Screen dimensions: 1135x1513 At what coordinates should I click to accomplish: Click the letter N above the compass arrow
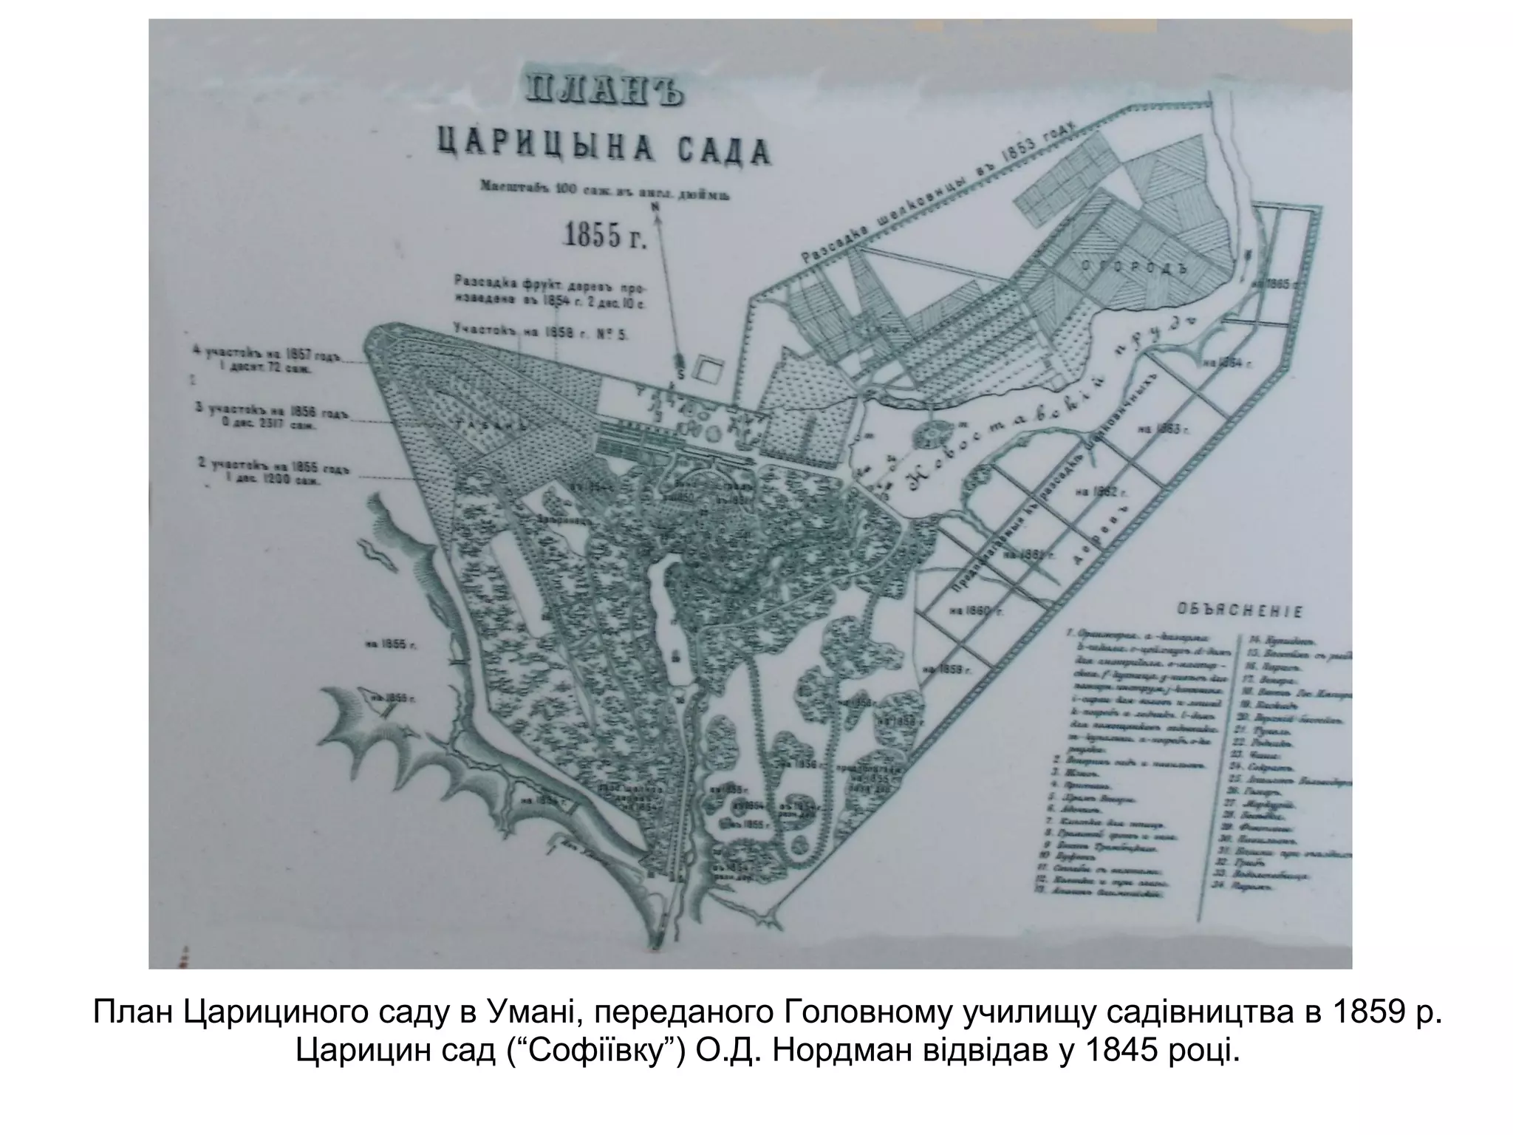[x=655, y=208]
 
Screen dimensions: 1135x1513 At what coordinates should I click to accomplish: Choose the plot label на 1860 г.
[x=977, y=610]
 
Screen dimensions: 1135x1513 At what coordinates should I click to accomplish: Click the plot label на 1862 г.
[x=1101, y=491]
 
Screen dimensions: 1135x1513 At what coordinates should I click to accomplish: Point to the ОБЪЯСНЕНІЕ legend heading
[x=1239, y=612]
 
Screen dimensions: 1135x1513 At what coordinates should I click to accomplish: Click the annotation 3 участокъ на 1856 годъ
[x=270, y=417]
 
